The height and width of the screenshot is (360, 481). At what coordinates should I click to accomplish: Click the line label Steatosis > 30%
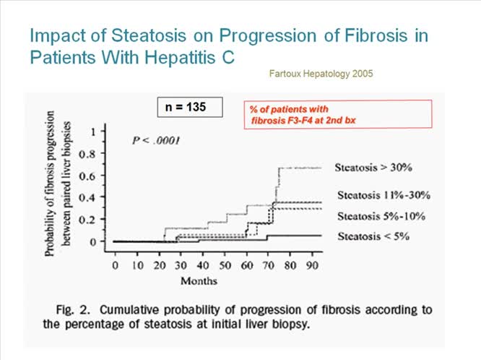(373, 168)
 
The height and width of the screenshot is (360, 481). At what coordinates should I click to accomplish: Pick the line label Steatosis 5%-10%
(380, 216)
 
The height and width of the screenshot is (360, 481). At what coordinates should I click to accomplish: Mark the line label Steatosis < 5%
(372, 236)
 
